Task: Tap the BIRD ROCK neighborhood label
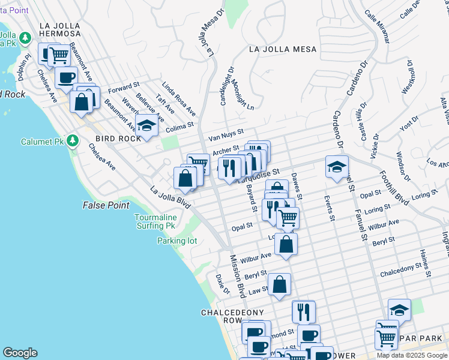tap(117, 139)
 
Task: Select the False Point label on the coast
tap(106, 205)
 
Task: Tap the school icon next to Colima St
tap(146, 126)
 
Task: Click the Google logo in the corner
tap(20, 353)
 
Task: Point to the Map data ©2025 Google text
tap(412, 355)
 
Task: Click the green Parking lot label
tap(177, 241)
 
